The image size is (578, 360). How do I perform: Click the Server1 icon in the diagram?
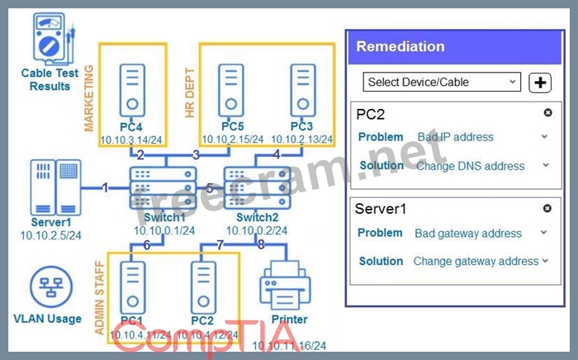(56, 187)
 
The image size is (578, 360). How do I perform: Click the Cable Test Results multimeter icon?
(48, 36)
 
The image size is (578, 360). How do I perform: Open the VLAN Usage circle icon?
(47, 288)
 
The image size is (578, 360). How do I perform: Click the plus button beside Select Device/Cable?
(539, 83)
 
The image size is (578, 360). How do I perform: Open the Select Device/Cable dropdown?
(442, 83)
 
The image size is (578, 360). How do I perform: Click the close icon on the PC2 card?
(547, 112)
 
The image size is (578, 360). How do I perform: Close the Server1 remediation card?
(547, 209)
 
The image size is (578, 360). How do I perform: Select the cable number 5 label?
(210, 188)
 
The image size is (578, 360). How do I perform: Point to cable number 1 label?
(105, 187)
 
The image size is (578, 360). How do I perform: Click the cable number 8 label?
(261, 244)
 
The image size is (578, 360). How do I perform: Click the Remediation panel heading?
(400, 47)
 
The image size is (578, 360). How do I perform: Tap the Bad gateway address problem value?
(467, 234)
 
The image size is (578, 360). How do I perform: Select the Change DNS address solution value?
(470, 166)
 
